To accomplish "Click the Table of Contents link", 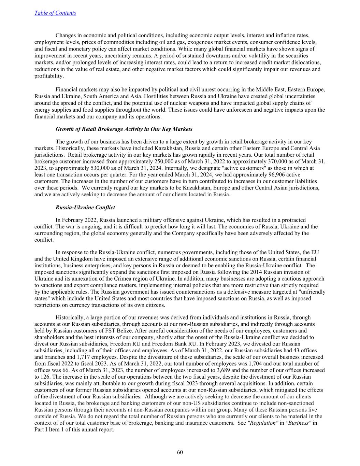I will (55, 13).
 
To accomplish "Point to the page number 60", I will (180, 452).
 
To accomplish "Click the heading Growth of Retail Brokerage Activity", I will (124, 129).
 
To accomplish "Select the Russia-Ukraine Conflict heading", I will (85, 207).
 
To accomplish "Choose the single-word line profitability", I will (49, 76).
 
